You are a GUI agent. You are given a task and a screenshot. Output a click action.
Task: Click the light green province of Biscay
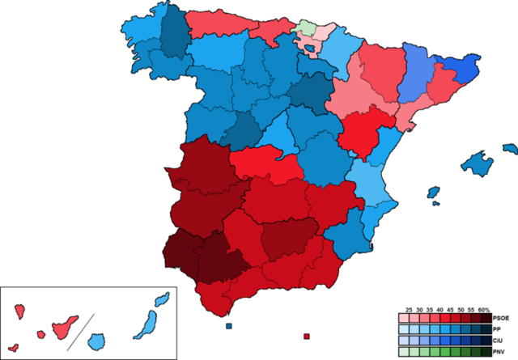(306, 27)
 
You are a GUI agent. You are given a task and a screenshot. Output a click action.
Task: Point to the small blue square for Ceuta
(230, 326)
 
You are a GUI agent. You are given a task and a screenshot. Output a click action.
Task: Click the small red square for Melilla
(307, 336)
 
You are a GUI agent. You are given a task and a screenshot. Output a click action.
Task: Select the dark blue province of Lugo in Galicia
(172, 32)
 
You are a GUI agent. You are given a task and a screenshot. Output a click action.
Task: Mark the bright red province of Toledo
(267, 166)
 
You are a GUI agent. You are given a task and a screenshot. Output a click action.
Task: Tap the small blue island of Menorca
(510, 149)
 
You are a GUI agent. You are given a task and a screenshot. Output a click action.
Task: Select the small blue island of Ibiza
(433, 193)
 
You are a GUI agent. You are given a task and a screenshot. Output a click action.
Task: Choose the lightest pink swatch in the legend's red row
(405, 318)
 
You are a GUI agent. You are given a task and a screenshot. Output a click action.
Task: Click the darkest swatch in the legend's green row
(485, 352)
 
